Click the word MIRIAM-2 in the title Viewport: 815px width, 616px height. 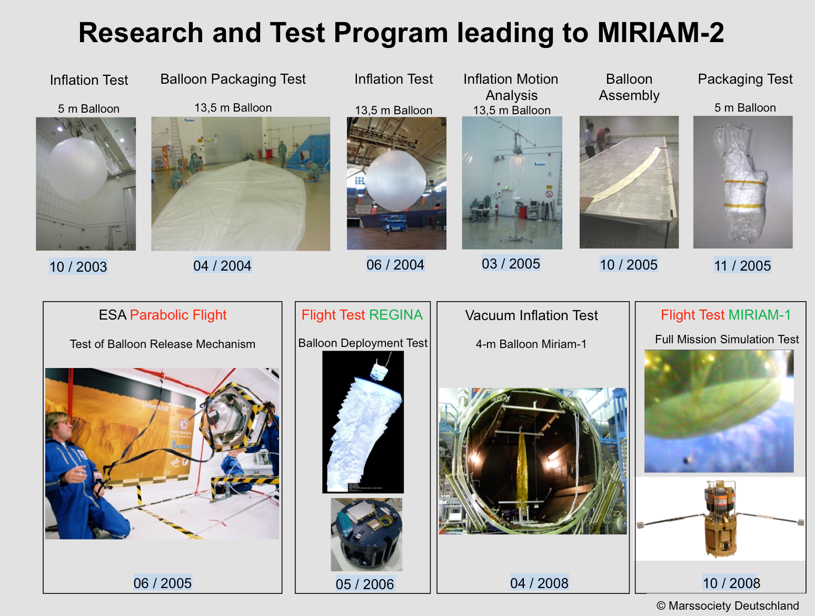coord(661,33)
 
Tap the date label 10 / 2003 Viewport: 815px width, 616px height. coord(78,266)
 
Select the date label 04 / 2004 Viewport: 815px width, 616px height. coord(222,265)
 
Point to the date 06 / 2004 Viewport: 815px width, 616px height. coord(395,264)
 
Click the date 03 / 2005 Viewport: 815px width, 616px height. coord(511,263)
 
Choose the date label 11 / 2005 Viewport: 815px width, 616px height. coord(742,265)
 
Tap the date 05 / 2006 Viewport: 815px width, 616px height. coord(365,584)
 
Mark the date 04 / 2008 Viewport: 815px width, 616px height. coord(539,583)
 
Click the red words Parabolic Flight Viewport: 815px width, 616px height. coord(178,315)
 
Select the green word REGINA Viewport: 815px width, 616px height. coord(396,315)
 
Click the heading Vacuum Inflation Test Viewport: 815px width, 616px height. coord(531,315)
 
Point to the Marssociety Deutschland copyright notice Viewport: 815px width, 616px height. coord(728,605)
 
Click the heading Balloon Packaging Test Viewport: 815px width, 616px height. coord(233,79)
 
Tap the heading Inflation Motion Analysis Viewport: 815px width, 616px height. coord(511,87)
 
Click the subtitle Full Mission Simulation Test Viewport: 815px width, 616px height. coord(727,339)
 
